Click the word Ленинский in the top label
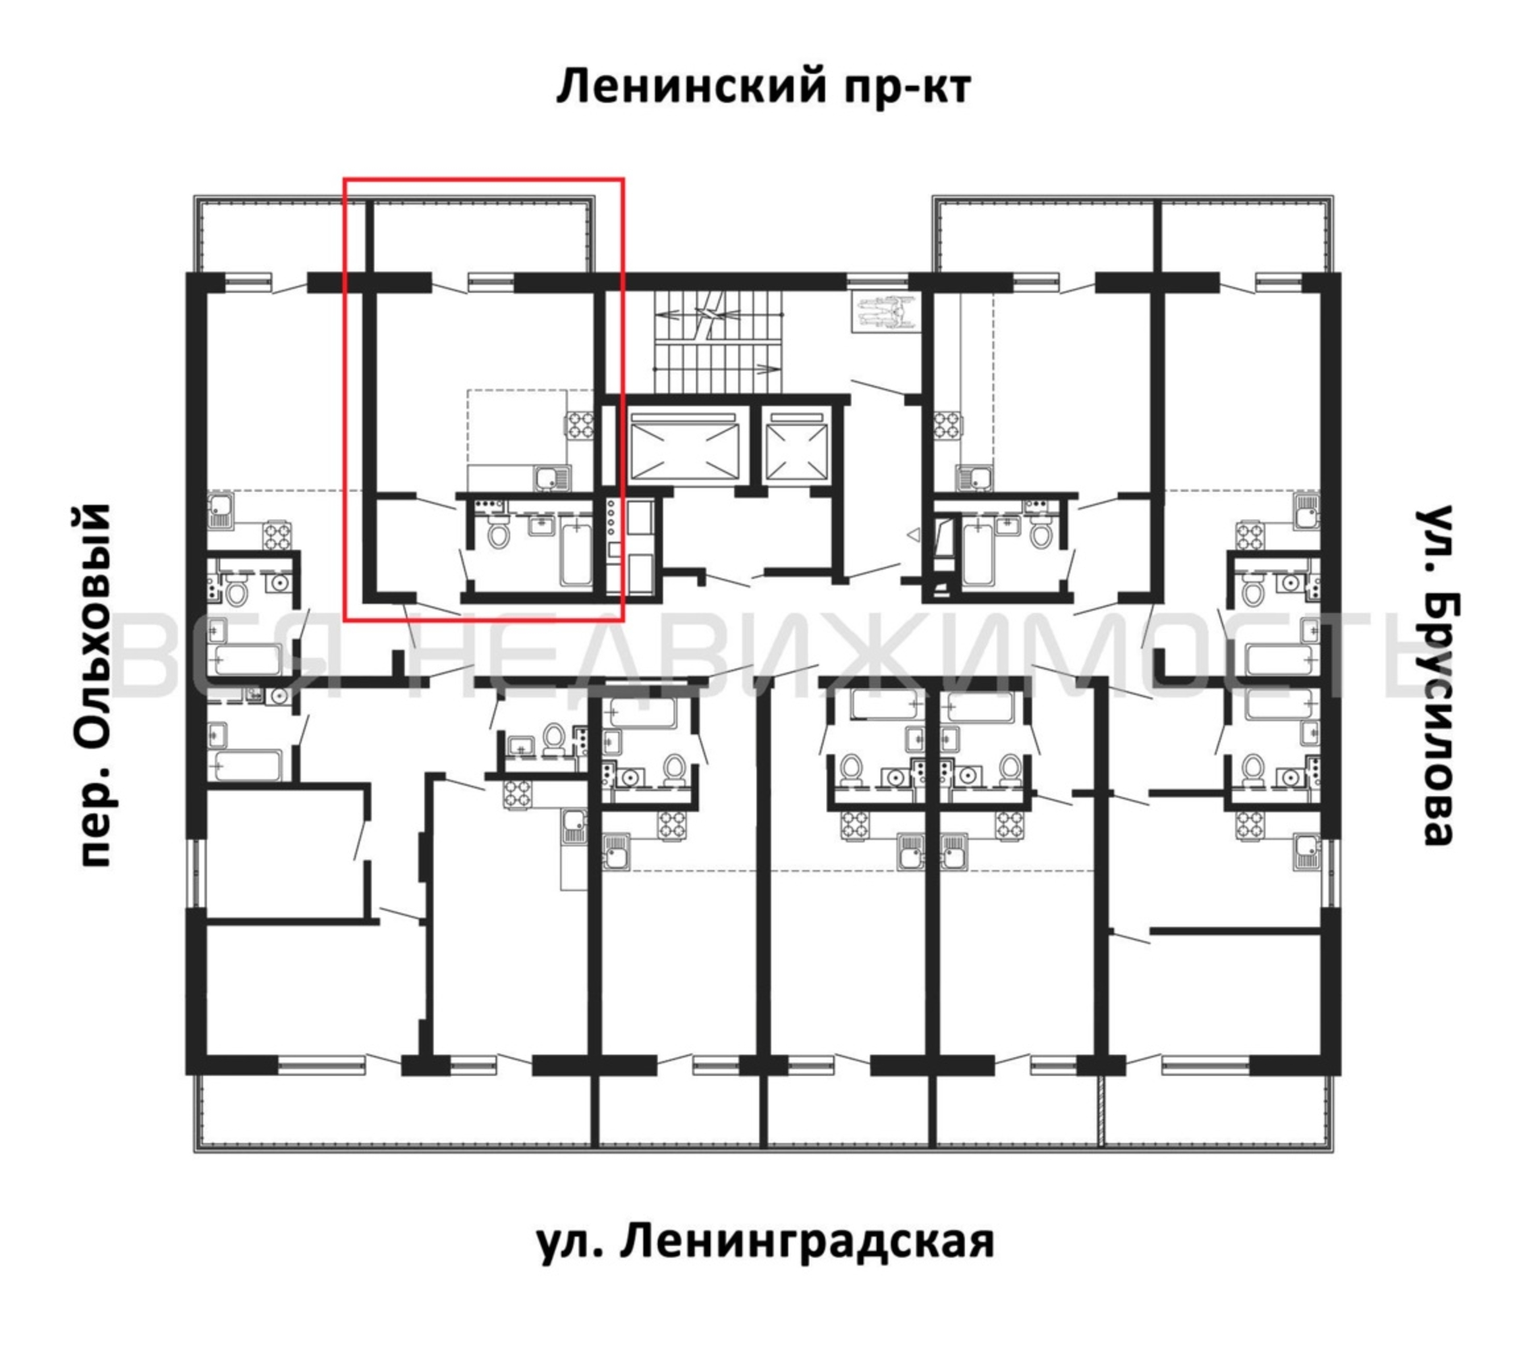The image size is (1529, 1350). point(692,88)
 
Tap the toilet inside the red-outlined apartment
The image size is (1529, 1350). point(497,533)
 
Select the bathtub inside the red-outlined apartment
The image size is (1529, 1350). point(576,553)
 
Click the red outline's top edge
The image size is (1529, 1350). point(483,180)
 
